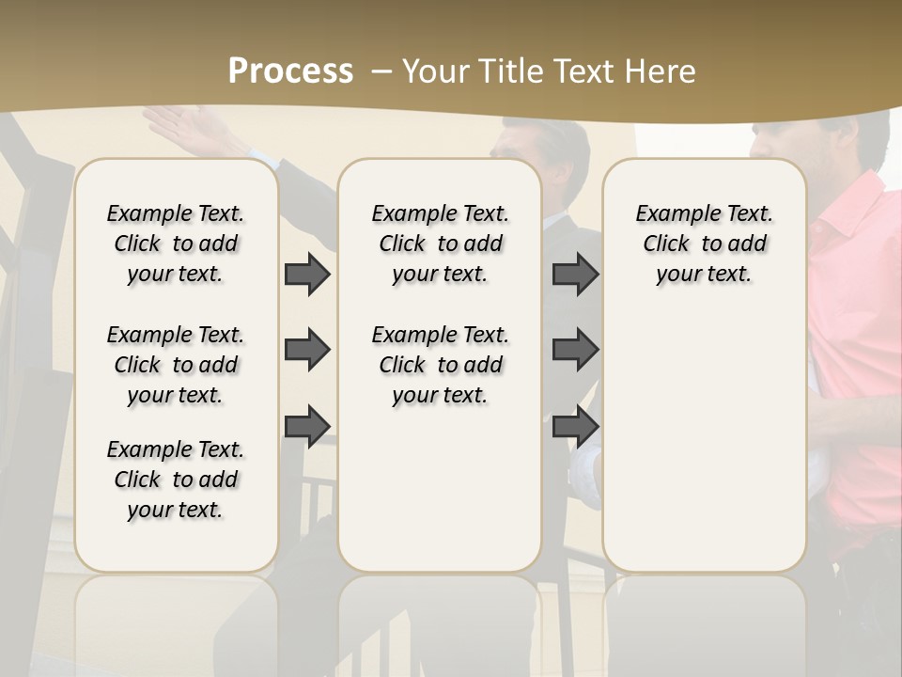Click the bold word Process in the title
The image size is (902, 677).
(x=290, y=71)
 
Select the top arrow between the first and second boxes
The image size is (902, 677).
(x=307, y=275)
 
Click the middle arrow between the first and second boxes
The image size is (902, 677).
(x=307, y=350)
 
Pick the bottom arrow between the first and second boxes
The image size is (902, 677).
(x=307, y=426)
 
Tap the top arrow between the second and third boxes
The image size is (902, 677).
(x=575, y=275)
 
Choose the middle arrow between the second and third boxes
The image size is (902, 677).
(x=575, y=350)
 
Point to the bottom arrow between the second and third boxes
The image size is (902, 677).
(x=575, y=426)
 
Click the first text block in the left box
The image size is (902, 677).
(x=176, y=244)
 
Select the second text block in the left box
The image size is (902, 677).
(x=176, y=365)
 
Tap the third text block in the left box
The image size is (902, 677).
(x=176, y=480)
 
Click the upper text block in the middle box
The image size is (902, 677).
(x=440, y=244)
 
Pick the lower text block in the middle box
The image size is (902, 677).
(x=440, y=365)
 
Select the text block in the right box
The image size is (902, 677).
(x=704, y=244)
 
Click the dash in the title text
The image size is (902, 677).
(x=381, y=71)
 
